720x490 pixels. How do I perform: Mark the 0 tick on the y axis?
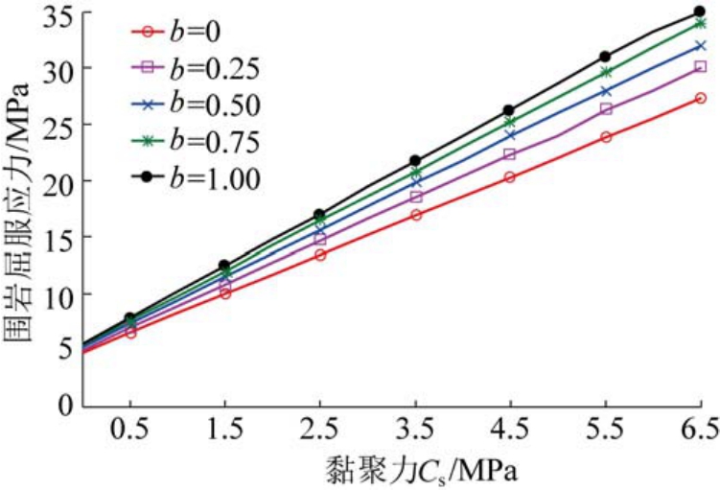66,405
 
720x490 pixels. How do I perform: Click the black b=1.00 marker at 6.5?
700,12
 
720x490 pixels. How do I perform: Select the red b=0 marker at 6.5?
700,98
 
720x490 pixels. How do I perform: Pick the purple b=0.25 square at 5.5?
605,109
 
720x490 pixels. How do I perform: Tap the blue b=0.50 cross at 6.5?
700,45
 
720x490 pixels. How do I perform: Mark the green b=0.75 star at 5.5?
605,72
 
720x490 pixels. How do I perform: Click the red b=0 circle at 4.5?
510,177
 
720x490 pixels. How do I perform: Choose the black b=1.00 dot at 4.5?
510,111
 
